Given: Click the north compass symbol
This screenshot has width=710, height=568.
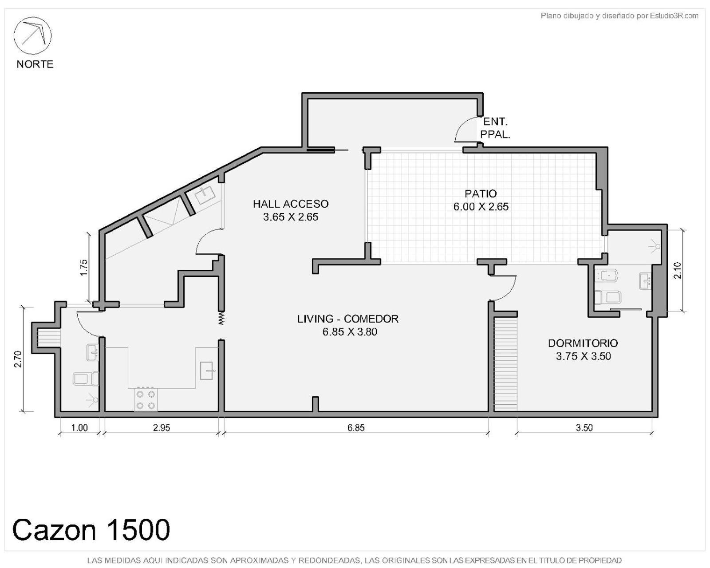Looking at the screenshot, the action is pos(32,35).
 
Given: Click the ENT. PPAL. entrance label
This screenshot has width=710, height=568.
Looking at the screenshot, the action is pos(495,128).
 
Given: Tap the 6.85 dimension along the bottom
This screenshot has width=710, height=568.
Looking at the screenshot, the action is pos(356,428).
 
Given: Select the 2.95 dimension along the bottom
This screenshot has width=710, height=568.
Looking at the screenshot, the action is pos(162,428).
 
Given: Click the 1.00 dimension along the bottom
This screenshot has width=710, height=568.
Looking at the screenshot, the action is pos(79,428).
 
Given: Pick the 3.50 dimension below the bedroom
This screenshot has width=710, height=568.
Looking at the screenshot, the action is pos(584,428).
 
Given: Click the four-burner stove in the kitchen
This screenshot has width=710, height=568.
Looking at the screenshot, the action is pos(146,400).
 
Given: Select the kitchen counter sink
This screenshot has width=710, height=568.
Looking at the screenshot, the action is pos(207,370).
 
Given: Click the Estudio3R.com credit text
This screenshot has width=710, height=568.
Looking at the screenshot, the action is pos(619,16).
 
